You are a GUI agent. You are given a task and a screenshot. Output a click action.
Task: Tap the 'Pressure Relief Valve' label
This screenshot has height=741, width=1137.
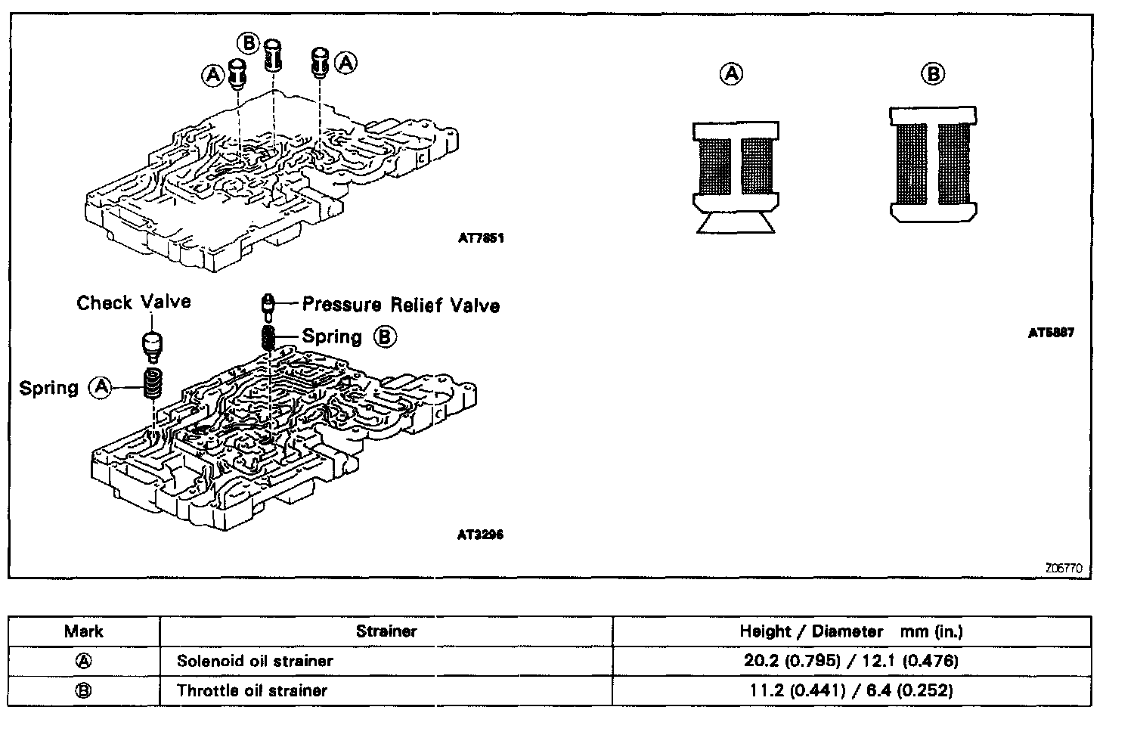[401, 305]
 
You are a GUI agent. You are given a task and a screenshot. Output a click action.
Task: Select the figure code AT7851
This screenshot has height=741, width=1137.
[481, 237]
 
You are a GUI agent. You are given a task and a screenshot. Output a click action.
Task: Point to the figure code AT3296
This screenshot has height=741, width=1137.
[480, 535]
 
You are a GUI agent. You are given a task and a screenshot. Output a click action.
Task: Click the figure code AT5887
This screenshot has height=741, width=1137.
[1051, 332]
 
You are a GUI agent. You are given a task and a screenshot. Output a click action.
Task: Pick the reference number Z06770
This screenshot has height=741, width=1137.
[1069, 568]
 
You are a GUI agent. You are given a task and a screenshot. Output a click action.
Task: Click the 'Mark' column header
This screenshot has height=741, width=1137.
[84, 631]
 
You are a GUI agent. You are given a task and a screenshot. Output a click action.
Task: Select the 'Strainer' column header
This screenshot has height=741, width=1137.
[386, 631]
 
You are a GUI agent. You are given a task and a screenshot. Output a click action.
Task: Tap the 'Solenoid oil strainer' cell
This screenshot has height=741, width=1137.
[255, 661]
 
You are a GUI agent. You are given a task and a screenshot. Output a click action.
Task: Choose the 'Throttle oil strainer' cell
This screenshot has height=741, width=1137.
[252, 690]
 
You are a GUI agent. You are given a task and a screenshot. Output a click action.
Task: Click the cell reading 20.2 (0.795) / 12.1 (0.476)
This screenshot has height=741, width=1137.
[851, 661]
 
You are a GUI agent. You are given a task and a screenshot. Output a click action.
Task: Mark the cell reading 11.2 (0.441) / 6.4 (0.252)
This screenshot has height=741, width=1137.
[851, 690]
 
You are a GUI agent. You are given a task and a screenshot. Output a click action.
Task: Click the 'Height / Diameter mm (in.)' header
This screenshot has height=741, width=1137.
[851, 631]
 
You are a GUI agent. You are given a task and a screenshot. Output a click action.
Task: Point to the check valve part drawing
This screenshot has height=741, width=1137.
[153, 345]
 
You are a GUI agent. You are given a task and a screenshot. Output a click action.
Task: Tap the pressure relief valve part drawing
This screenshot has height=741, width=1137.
[267, 305]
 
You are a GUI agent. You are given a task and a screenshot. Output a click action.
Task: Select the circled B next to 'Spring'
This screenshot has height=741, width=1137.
[385, 336]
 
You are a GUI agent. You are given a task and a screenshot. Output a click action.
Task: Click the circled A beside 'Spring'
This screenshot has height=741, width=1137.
[101, 388]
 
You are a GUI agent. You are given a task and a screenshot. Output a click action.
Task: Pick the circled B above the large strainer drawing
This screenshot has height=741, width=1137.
[934, 74]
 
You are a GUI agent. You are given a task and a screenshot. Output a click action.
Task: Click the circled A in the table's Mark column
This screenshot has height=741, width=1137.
[84, 661]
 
